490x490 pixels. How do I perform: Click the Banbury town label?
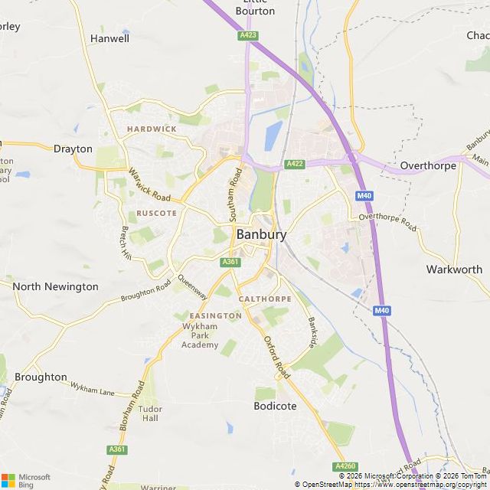click(261, 234)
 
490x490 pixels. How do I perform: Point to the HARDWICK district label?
click(152, 129)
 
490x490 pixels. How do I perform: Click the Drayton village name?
click(73, 149)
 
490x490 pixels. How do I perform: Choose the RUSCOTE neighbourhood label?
click(156, 213)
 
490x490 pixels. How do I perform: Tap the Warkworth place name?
click(454, 269)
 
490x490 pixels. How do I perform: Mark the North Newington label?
click(56, 286)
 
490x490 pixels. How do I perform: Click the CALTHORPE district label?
click(265, 299)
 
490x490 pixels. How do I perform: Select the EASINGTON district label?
click(215, 315)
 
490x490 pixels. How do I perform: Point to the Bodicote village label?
click(275, 406)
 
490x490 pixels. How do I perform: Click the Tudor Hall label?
click(150, 413)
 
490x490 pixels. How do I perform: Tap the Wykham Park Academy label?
click(200, 336)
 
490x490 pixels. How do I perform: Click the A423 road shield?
click(247, 35)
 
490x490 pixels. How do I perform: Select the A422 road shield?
click(296, 164)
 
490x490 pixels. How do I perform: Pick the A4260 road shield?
click(345, 465)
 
